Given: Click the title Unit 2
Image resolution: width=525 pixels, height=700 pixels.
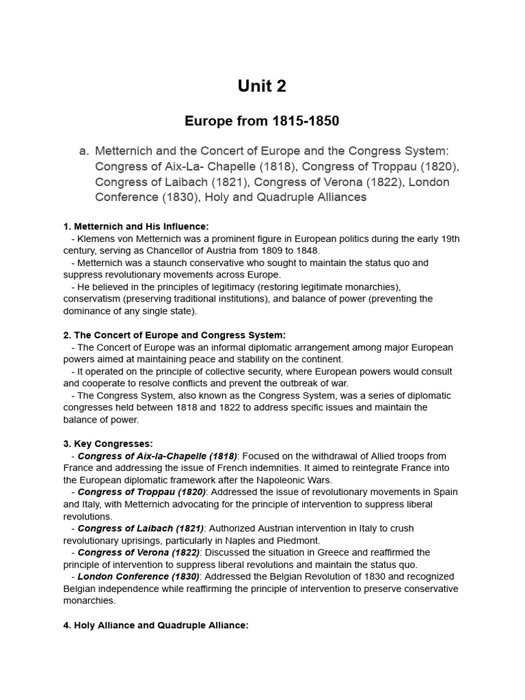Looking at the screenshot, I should [x=262, y=86].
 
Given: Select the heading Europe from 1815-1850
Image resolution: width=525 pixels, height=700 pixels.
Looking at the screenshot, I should [x=262, y=121].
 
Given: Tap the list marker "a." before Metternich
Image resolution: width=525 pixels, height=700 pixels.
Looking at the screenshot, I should [x=84, y=151].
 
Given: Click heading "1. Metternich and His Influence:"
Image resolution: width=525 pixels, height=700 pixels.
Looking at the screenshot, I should [x=136, y=226].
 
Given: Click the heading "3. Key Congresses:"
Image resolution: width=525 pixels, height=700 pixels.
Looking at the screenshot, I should [x=108, y=444].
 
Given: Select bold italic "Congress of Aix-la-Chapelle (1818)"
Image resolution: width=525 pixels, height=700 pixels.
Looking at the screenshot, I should [x=157, y=456].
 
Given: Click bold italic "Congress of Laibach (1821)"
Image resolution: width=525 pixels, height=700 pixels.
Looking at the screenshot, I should [x=141, y=528].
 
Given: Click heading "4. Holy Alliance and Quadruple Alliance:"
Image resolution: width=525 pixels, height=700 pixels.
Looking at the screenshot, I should [x=156, y=625].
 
